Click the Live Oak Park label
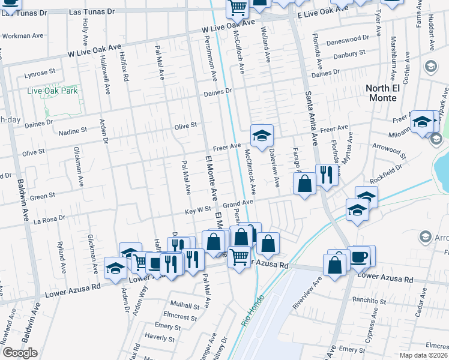52,91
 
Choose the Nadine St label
71,130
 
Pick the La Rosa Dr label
46,221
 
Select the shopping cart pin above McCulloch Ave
237,8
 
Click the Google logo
20,353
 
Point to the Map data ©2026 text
424,355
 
